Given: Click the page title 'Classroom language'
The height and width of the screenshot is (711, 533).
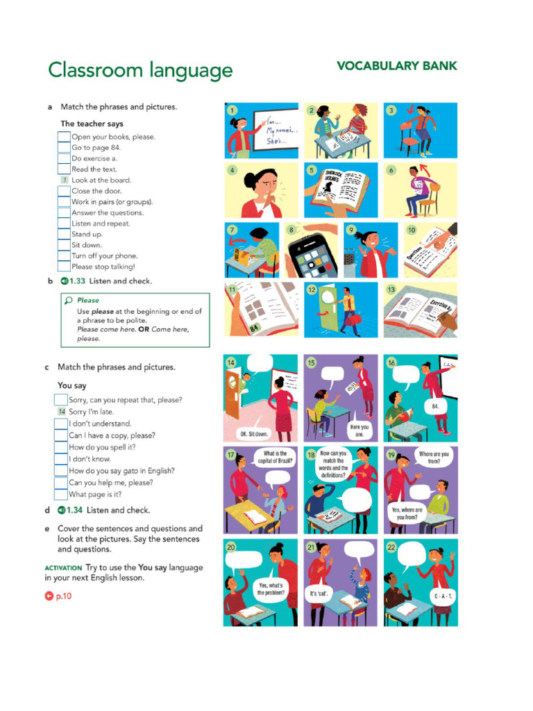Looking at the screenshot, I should pos(139,70).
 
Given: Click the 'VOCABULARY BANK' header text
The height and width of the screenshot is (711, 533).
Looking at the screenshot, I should pos(396,66).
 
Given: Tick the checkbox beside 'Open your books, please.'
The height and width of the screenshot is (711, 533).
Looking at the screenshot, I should pos(64,137).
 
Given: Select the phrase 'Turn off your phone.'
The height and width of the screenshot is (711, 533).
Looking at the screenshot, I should pos(105,256).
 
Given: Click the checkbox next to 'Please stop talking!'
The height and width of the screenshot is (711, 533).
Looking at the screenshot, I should pos(64,267).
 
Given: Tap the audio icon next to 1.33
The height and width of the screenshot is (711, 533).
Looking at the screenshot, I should pos(64,281).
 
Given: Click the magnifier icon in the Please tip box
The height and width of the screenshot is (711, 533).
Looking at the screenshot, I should pos(68,301).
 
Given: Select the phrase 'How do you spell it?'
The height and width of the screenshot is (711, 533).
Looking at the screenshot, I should pos(102,447).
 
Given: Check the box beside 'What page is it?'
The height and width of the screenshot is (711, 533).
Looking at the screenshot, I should pos(61,494).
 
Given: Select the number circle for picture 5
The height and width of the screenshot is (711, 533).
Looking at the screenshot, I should pos(311,170).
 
